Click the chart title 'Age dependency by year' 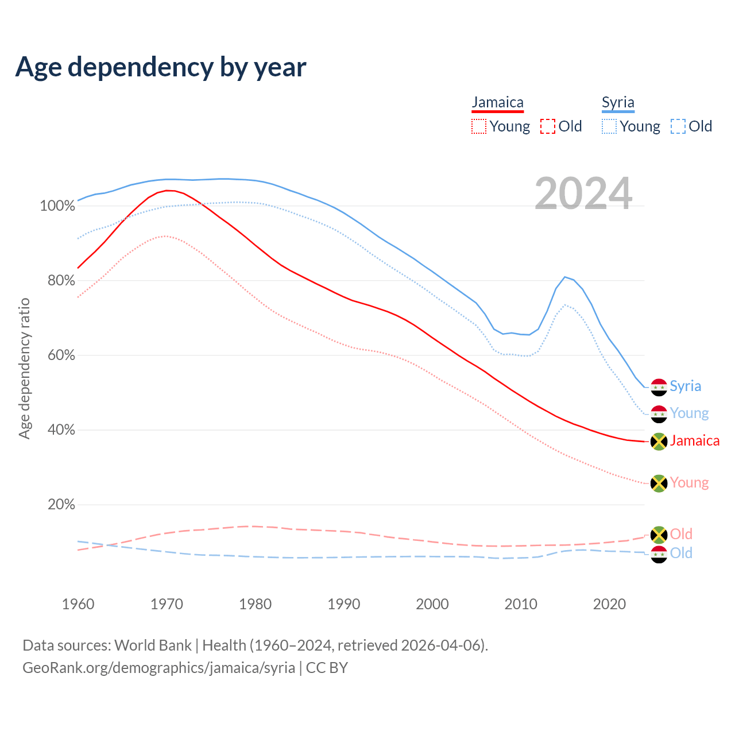point(161,67)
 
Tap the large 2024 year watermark point(583,194)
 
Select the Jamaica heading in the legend point(497,103)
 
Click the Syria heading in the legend point(618,103)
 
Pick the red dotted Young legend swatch point(478,126)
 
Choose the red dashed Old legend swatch point(547,126)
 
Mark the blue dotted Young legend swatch point(609,126)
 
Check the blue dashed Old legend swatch point(678,126)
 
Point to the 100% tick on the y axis point(57,206)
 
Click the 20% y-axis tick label point(61,505)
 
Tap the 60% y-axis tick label point(61,355)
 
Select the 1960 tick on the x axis point(78,604)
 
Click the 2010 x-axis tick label point(521,604)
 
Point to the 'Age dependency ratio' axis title point(24,368)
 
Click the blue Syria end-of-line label point(685,386)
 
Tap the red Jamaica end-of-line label point(694,440)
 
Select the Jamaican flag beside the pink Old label point(659,535)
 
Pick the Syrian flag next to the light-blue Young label point(659,414)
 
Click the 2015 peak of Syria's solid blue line point(565,277)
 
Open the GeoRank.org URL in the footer point(158,668)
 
